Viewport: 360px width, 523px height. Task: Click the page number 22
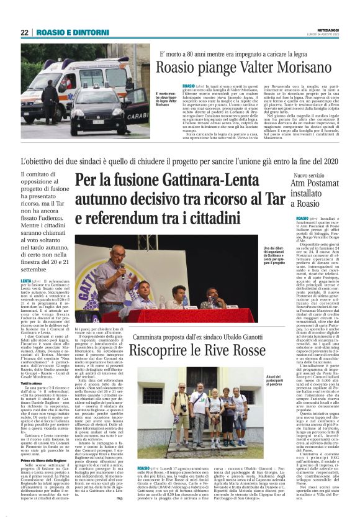25,33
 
